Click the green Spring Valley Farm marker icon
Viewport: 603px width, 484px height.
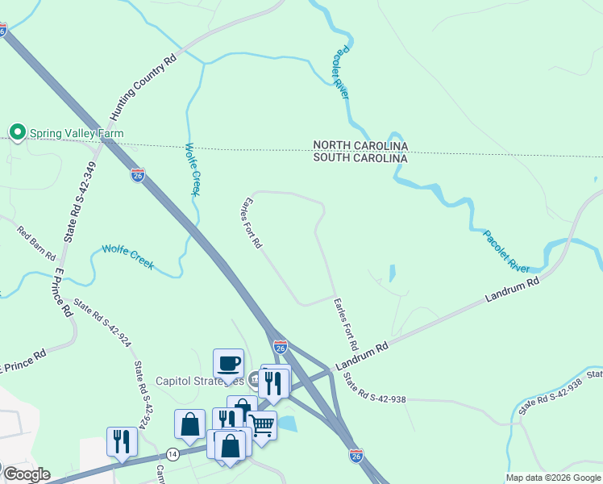pyautogui.click(x=16, y=131)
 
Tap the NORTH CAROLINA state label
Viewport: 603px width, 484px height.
pyautogui.click(x=360, y=146)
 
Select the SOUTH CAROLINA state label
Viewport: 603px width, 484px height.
pyautogui.click(x=360, y=159)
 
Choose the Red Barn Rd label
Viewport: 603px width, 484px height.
pyautogui.click(x=36, y=244)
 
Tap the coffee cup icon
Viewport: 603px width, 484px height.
pyautogui.click(x=228, y=362)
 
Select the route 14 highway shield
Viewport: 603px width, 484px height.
pyautogui.click(x=172, y=454)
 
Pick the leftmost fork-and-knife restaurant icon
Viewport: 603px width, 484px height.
pyautogui.click(x=122, y=440)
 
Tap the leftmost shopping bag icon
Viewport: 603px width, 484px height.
pyautogui.click(x=190, y=424)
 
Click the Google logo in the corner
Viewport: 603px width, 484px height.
pyautogui.click(x=26, y=474)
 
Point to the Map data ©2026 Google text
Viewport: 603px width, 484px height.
pyautogui.click(x=552, y=478)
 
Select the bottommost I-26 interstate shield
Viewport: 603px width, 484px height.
pyautogui.click(x=356, y=456)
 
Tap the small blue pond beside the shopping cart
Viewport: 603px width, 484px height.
pyautogui.click(x=288, y=423)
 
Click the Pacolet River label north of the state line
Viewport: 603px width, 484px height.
pyautogui.click(x=342, y=73)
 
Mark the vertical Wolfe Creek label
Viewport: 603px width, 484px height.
pyautogui.click(x=192, y=169)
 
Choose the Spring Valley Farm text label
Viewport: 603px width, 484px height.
pyautogui.click(x=77, y=132)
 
